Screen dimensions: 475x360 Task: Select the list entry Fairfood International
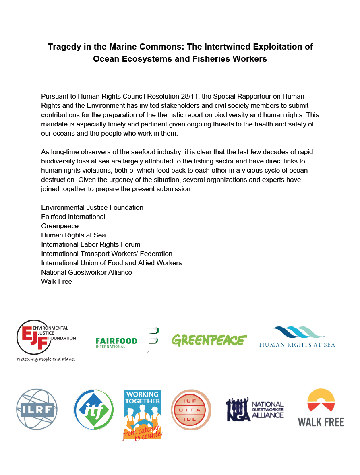pyautogui.click(x=73, y=217)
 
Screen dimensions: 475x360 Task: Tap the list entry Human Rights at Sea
pyautogui.click(x=73, y=235)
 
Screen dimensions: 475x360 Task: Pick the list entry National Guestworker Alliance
pyautogui.click(x=87, y=272)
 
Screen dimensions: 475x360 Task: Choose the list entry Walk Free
pyautogui.click(x=57, y=281)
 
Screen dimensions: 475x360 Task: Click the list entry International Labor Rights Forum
pyautogui.click(x=91, y=244)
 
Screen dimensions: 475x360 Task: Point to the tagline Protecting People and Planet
pyautogui.click(x=46, y=359)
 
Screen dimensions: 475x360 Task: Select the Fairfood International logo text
pyautogui.click(x=116, y=341)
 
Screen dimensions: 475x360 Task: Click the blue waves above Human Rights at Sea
pyautogui.click(x=297, y=332)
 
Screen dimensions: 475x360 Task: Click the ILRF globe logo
pyautogui.click(x=37, y=409)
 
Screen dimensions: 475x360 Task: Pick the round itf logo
pyautogui.click(x=94, y=410)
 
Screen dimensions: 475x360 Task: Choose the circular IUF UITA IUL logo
pyautogui.click(x=191, y=409)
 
